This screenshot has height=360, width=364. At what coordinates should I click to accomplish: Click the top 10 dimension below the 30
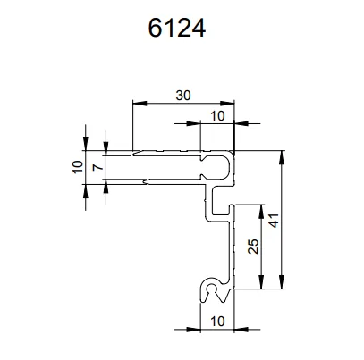pyautogui.click(x=217, y=116)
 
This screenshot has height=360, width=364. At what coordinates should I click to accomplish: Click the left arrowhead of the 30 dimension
pyautogui.click(x=137, y=103)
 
